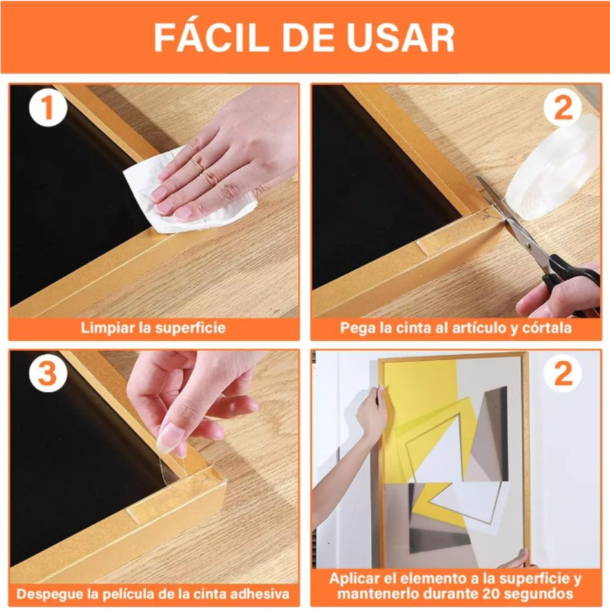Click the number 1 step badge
pyautogui.click(x=48, y=107)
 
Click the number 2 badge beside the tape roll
pyautogui.click(x=562, y=107)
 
